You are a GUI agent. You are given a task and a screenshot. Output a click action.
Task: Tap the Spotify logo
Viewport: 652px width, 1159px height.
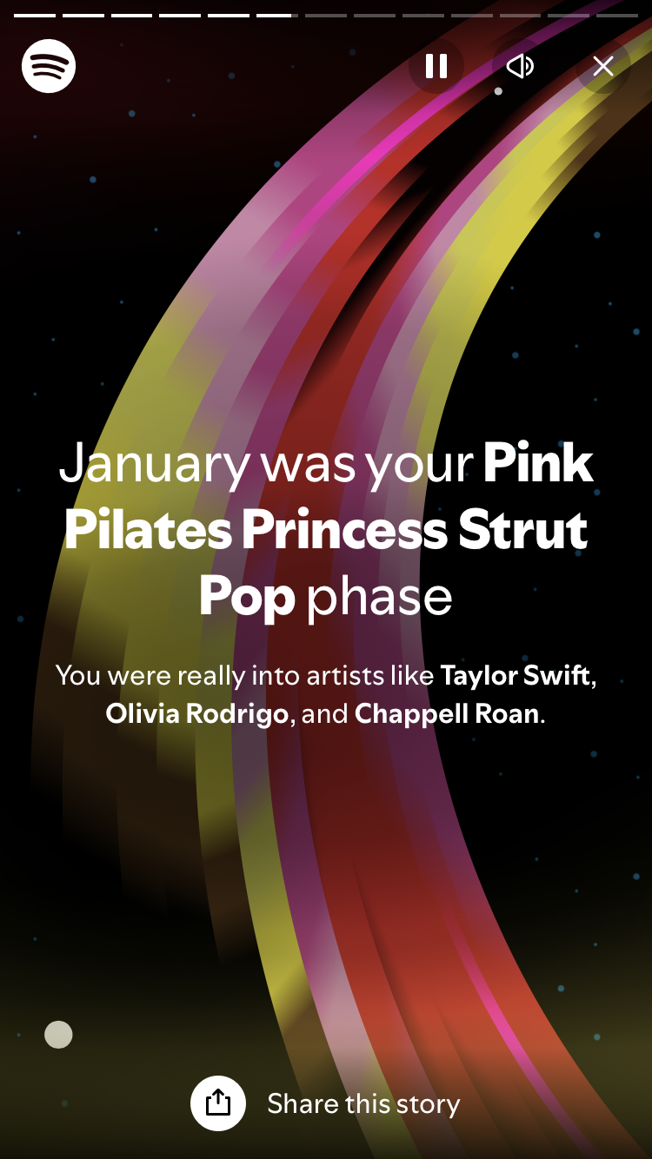point(49,66)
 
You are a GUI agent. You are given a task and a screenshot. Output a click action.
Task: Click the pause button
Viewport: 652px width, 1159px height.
point(436,66)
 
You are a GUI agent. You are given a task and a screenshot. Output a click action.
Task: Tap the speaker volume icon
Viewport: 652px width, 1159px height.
point(519,66)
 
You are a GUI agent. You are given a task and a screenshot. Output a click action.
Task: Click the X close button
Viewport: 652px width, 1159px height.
point(603,66)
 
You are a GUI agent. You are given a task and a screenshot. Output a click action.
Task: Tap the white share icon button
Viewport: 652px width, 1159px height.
point(218,1103)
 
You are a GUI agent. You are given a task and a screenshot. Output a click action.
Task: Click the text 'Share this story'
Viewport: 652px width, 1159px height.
point(363,1104)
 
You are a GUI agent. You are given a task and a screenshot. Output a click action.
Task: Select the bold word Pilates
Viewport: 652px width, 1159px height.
point(148,529)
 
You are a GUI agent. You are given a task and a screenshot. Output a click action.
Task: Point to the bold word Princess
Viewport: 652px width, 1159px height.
point(344,529)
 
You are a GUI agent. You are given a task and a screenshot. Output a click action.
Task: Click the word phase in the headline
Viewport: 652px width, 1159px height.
point(380,598)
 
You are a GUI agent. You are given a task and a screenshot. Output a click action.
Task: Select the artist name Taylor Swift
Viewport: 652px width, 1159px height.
point(516,676)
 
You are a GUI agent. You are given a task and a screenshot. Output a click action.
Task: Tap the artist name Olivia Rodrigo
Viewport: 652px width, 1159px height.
point(196,714)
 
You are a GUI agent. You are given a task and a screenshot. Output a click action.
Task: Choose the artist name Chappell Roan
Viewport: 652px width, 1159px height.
point(447,714)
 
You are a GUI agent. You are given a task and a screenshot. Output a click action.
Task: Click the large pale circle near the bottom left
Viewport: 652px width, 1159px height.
point(58,1034)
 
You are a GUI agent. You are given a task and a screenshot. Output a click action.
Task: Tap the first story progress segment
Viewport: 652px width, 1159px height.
point(35,16)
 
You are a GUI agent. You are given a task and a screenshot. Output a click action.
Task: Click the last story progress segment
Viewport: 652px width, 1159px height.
point(617,16)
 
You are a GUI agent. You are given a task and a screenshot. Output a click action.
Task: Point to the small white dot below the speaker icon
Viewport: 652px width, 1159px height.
point(498,91)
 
